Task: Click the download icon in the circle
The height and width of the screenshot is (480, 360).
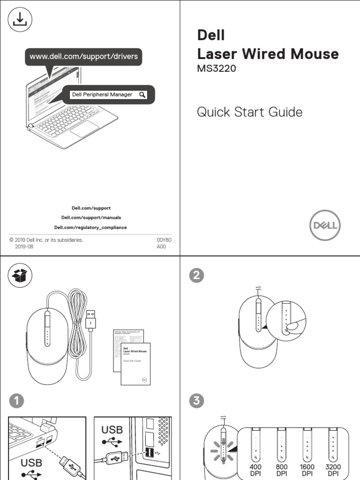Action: click(20, 20)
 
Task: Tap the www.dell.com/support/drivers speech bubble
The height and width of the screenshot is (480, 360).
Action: click(84, 57)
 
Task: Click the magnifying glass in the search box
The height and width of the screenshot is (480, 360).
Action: click(142, 95)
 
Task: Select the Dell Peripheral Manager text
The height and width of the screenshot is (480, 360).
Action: click(102, 95)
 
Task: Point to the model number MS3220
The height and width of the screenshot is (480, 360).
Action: click(216, 69)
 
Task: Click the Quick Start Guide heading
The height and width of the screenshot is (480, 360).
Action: click(249, 112)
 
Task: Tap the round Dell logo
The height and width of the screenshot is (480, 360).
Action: click(325, 225)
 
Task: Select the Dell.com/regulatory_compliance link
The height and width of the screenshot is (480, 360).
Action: click(90, 228)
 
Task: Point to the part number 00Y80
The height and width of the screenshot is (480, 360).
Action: click(164, 240)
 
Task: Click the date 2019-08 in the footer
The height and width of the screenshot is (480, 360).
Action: click(24, 246)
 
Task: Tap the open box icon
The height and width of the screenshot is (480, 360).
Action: click(20, 276)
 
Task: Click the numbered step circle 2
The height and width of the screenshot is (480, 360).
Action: click(196, 276)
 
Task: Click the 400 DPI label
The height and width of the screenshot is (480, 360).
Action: click(256, 470)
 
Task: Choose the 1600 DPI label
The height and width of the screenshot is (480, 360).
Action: click(307, 470)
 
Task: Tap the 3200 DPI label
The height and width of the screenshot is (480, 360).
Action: click(333, 470)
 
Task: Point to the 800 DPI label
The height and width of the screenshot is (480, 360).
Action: click(281, 470)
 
